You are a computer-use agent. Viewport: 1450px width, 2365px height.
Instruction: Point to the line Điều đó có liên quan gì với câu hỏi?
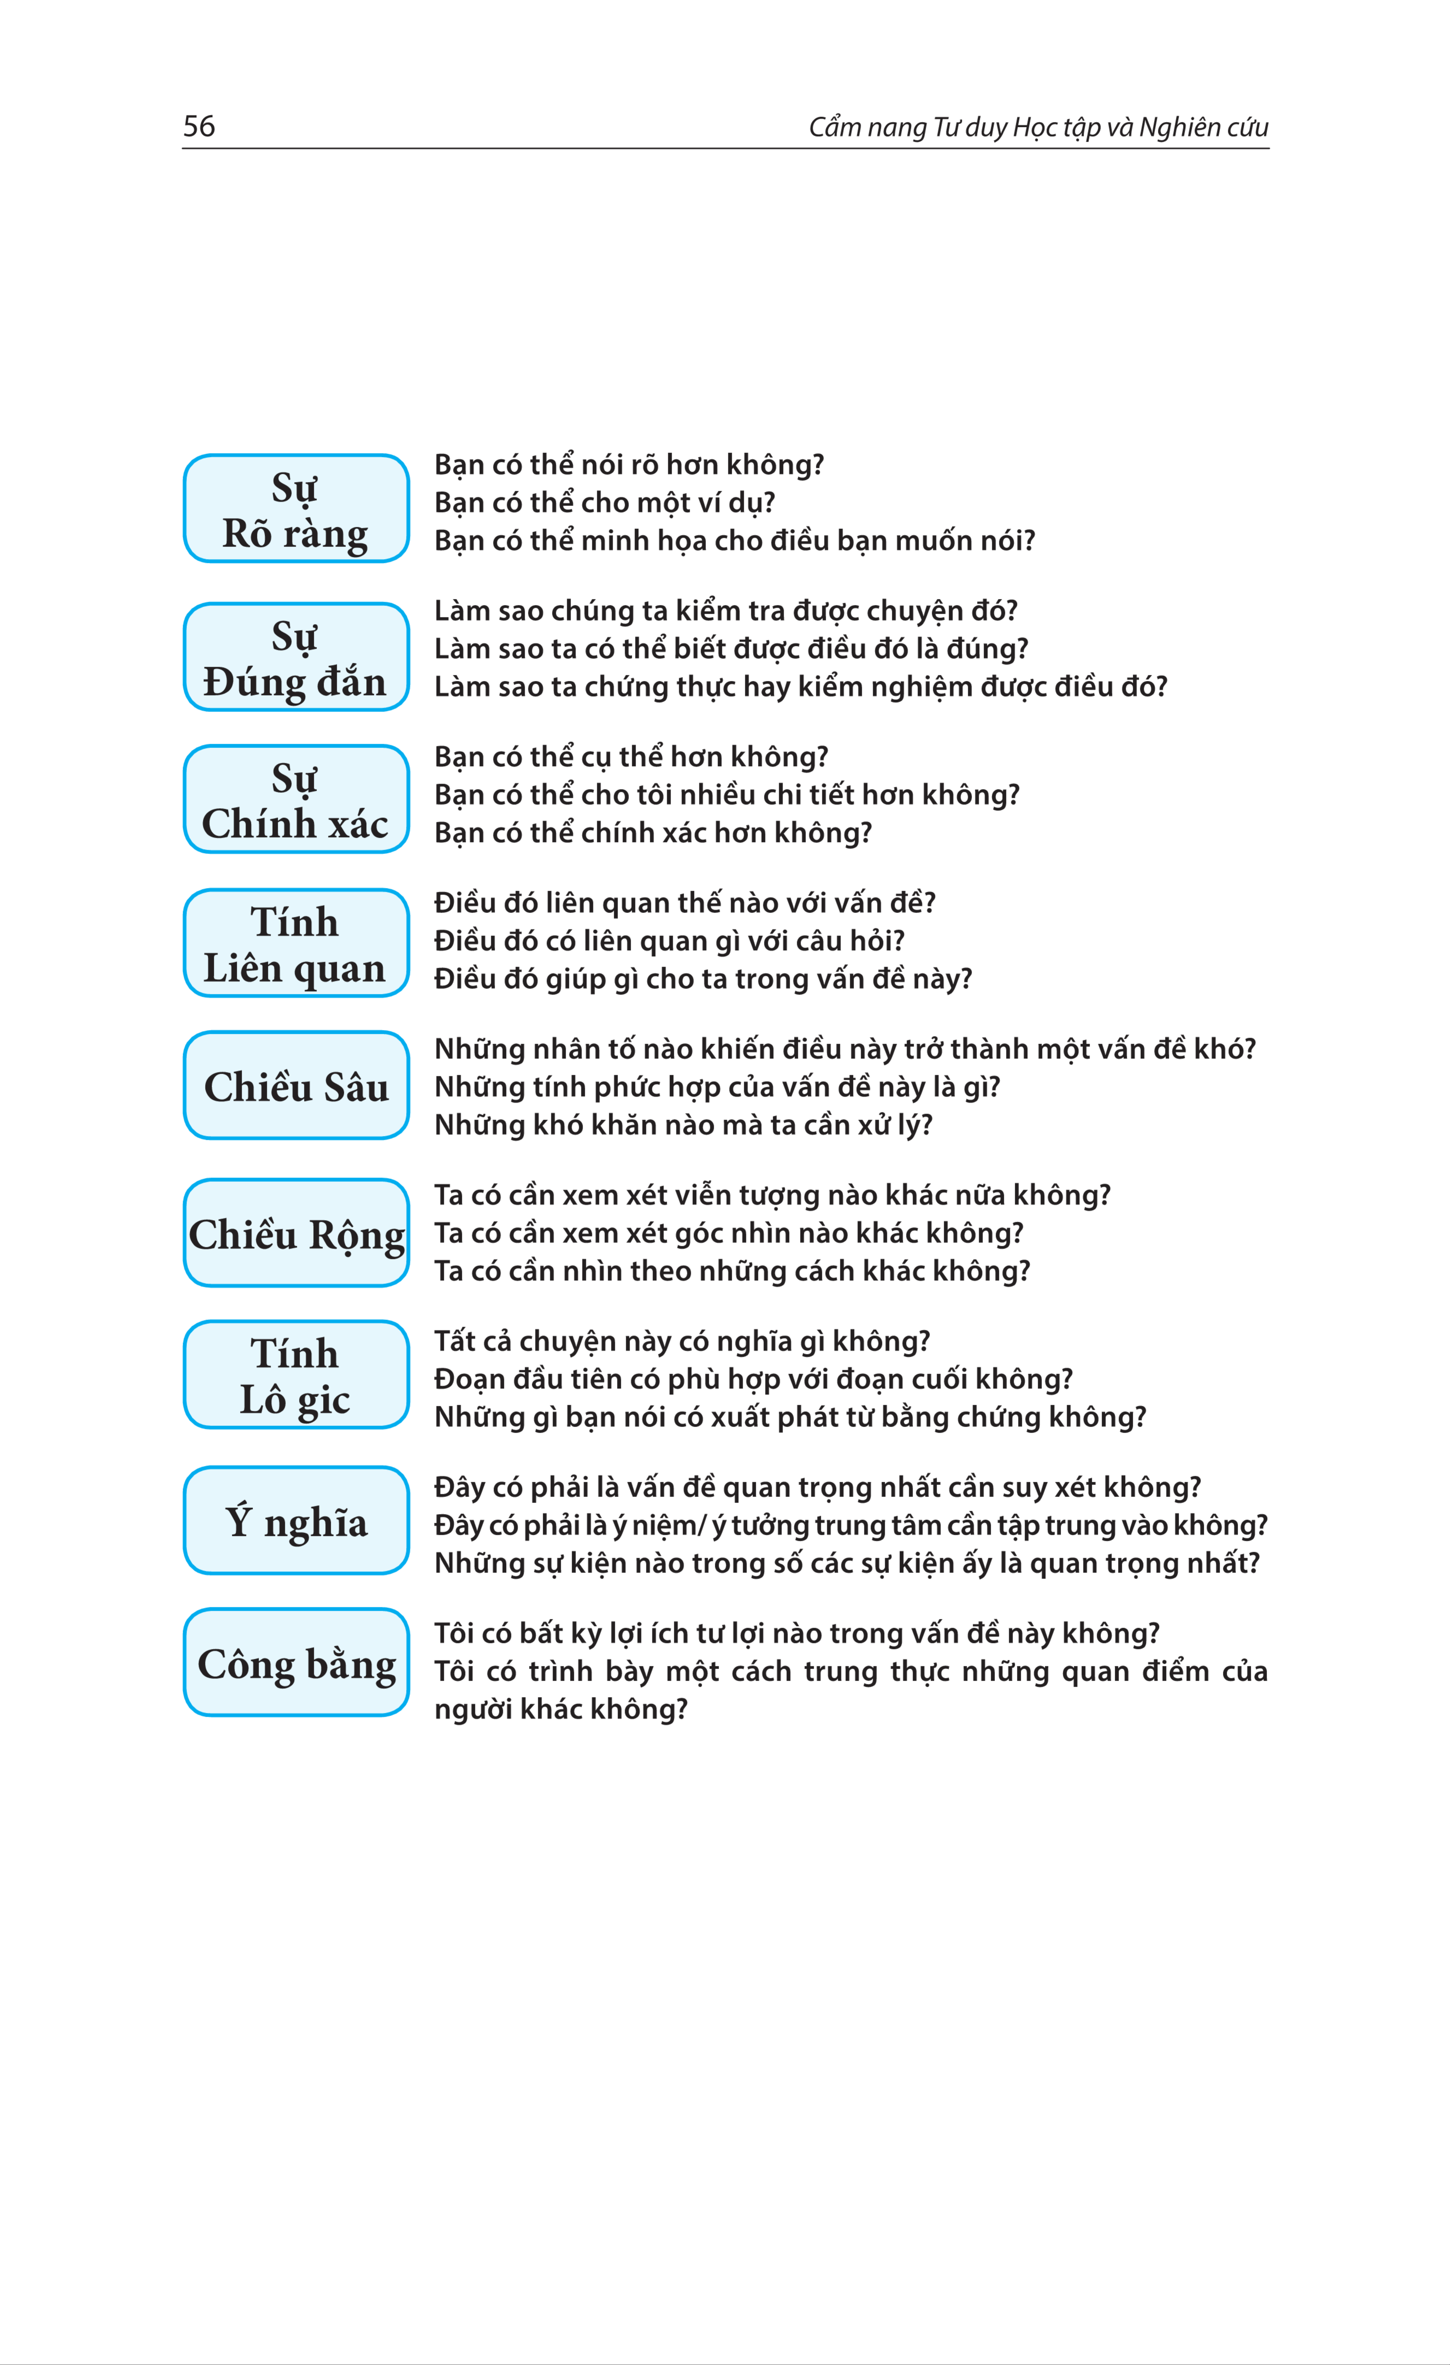point(669,941)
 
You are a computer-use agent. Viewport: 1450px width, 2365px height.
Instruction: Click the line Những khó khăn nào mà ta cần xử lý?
point(683,1125)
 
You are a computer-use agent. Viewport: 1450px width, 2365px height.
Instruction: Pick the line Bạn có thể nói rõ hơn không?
point(628,465)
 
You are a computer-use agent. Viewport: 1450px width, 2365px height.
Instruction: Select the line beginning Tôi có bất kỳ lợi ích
point(796,1634)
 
